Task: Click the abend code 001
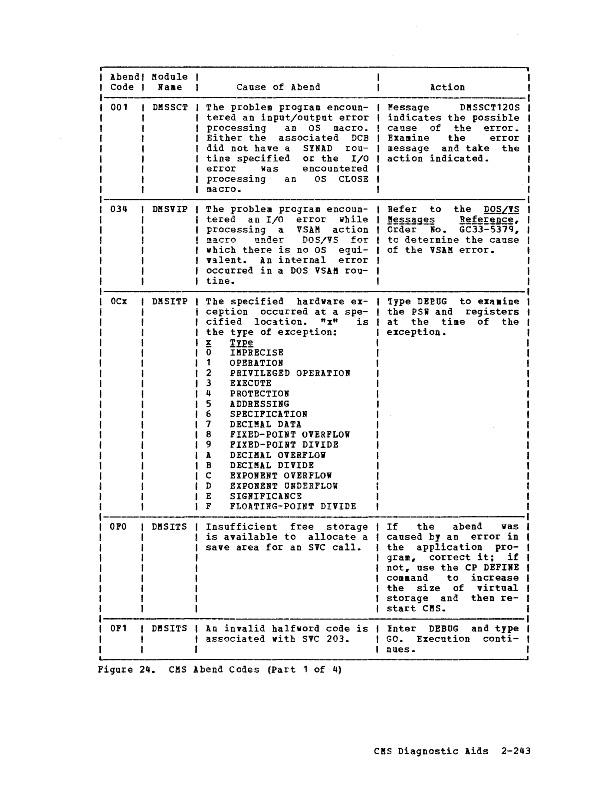click(119, 108)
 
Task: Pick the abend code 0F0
click(119, 527)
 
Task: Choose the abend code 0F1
click(119, 629)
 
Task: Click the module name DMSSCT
click(170, 108)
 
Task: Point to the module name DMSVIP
click(170, 209)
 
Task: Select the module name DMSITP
click(170, 302)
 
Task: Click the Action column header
click(447, 87)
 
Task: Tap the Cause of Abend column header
click(278, 87)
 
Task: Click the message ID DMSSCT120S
click(490, 108)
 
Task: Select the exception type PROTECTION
click(259, 394)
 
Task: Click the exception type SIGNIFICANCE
click(266, 496)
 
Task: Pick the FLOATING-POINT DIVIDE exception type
click(292, 506)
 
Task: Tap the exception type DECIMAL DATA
click(265, 424)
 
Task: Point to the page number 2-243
click(516, 751)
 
